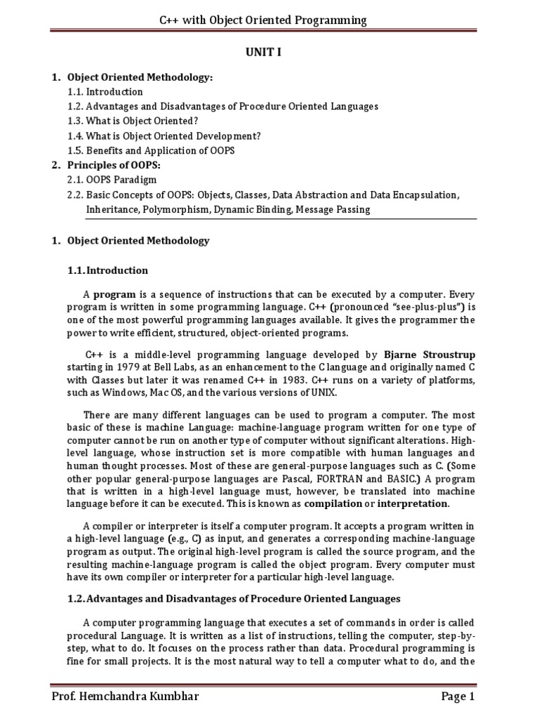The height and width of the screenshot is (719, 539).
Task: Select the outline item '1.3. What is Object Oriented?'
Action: tap(133, 120)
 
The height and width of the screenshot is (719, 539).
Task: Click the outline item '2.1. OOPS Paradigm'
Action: tap(112, 180)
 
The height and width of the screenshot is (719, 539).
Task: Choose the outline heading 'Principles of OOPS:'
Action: tap(114, 165)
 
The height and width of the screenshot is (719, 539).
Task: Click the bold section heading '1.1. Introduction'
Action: tap(108, 270)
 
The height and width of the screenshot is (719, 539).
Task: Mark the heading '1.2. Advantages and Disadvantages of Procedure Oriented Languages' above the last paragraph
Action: tap(234, 599)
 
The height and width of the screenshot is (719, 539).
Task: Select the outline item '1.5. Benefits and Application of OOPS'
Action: tap(151, 150)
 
